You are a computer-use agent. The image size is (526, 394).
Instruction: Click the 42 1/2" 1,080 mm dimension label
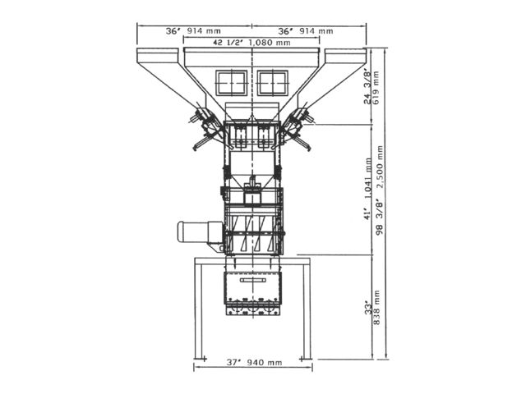251,43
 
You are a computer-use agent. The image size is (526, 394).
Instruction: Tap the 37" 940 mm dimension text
254,362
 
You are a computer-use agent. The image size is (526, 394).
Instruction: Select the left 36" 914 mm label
193,31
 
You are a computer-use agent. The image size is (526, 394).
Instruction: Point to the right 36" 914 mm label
306,31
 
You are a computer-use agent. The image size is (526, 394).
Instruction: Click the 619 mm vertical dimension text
376,88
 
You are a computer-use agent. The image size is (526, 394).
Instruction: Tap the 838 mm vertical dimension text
376,308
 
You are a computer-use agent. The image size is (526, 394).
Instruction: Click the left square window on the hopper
232,82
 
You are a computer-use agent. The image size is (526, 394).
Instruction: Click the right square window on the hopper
273,82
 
